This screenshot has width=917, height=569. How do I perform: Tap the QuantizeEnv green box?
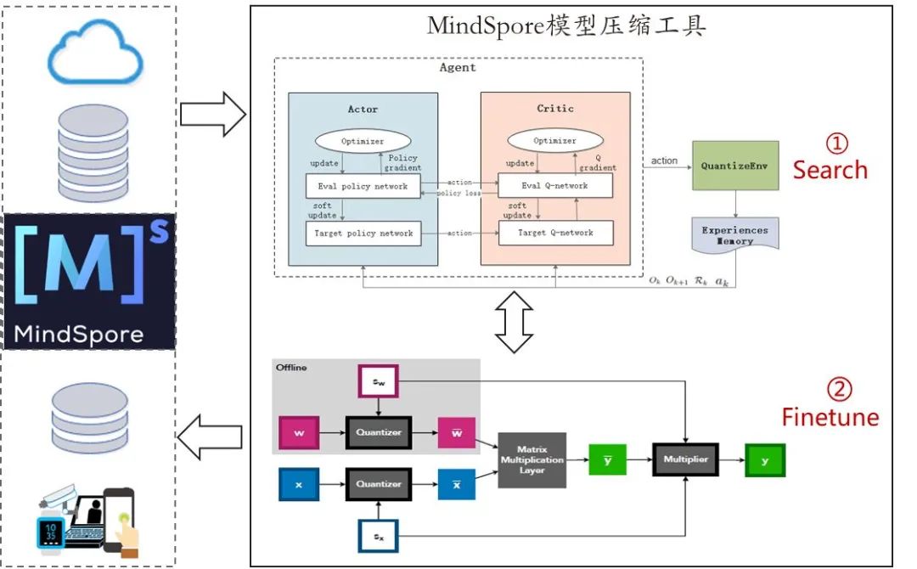coord(735,165)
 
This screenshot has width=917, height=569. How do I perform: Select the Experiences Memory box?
coord(735,235)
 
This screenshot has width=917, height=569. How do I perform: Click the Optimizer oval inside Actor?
coord(363,141)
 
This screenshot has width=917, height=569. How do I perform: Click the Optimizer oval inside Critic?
coord(554,141)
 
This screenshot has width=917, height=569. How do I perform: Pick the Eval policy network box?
coord(363,186)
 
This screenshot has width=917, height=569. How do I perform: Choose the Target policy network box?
coord(363,234)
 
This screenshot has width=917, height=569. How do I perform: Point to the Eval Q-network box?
coord(554,186)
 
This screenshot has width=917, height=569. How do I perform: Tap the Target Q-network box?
coord(554,233)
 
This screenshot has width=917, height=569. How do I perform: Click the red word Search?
coord(830,170)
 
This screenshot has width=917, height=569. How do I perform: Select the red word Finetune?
coord(830,417)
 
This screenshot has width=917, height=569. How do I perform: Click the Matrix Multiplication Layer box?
coord(532,459)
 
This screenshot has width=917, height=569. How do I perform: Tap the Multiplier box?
coord(684,459)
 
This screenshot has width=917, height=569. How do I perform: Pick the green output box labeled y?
coord(765,459)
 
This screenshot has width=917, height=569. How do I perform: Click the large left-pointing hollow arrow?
coord(211,437)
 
